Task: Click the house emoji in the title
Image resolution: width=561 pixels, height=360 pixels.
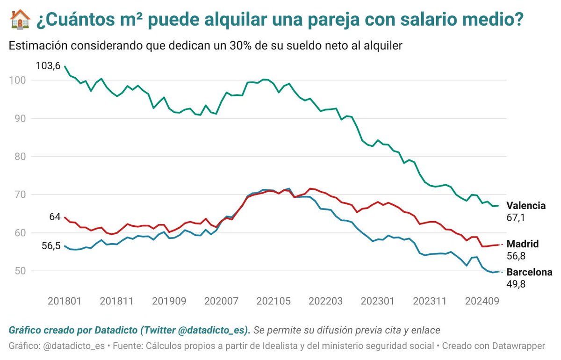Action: (20, 19)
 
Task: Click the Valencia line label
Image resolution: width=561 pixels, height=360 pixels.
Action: (526, 206)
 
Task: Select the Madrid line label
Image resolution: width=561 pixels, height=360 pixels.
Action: (523, 244)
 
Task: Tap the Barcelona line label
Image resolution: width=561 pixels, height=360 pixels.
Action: (529, 272)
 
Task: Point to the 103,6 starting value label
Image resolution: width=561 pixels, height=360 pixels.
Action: (48, 66)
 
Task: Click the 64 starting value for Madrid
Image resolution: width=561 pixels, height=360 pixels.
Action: (54, 217)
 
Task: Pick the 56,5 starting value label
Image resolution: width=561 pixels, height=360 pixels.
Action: (51, 246)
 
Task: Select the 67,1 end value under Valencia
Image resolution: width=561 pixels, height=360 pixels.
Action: (516, 217)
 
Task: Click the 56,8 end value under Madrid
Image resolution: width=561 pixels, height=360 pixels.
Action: (516, 256)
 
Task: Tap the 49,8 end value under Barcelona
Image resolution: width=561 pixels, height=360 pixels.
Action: (516, 283)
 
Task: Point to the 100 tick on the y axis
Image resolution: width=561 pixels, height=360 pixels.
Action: (16, 80)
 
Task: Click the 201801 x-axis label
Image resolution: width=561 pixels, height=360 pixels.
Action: (65, 301)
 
